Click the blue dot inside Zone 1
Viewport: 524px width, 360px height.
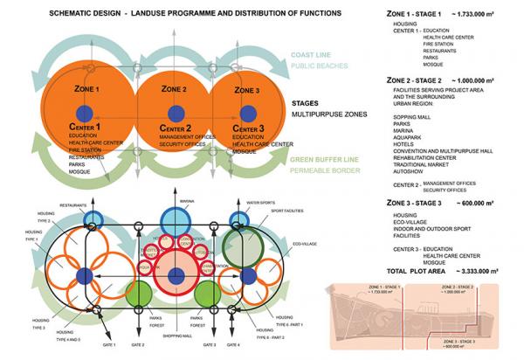coord(84,113)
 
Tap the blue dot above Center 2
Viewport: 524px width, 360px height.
coord(176,113)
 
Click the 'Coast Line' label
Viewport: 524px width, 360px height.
coord(311,54)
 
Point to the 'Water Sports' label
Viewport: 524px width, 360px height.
coord(260,202)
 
